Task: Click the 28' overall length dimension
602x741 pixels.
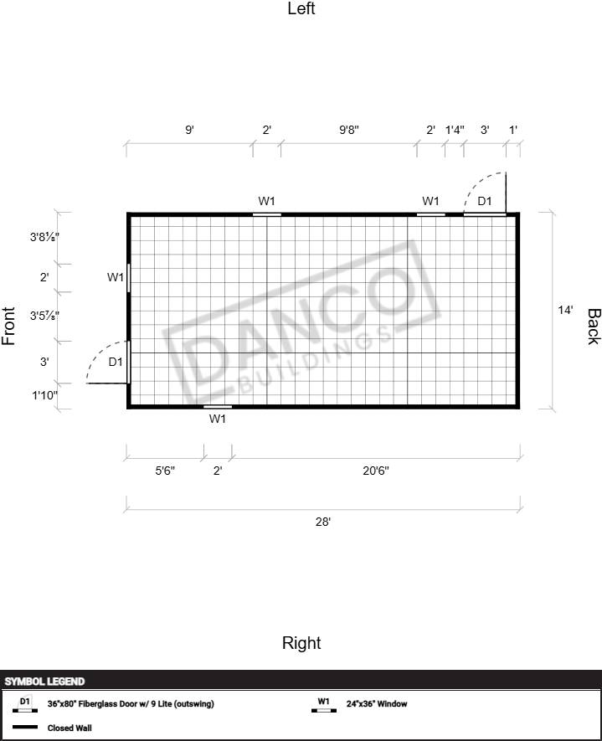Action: click(x=323, y=522)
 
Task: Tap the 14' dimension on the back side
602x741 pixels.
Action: click(x=565, y=310)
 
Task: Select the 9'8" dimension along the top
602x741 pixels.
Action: click(x=349, y=130)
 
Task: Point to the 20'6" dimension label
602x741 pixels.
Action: click(x=376, y=471)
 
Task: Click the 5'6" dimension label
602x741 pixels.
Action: click(x=165, y=471)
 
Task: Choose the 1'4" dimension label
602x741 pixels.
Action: click(x=455, y=130)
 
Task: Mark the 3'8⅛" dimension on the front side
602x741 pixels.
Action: click(x=44, y=237)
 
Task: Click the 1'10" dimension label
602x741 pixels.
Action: click(x=45, y=395)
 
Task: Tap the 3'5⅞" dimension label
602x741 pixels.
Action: click(x=44, y=315)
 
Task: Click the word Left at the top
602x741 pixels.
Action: click(x=301, y=8)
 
